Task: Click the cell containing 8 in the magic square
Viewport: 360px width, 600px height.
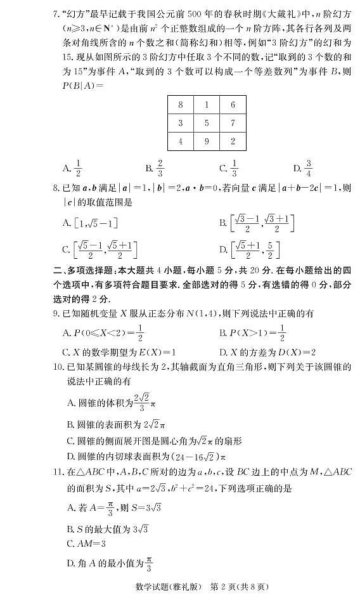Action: [x=181, y=105]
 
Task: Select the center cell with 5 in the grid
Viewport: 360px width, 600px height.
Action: [x=207, y=123]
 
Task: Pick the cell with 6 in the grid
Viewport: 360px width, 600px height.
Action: [x=233, y=105]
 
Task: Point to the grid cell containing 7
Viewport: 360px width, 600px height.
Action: [x=233, y=123]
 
